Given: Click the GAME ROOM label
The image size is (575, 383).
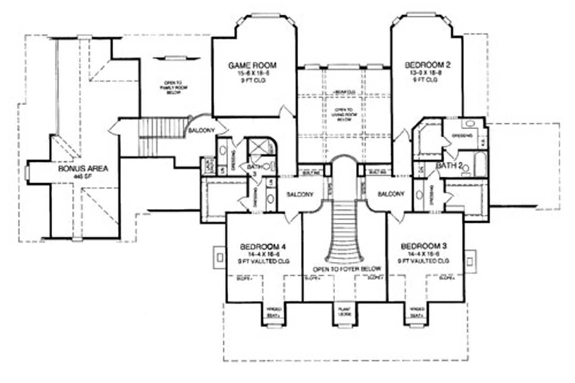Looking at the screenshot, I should point(252,66).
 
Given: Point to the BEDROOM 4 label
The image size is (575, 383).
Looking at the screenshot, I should point(263,247).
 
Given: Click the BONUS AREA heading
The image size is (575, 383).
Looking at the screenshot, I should point(83,169).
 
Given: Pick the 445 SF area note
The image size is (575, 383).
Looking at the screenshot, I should point(83,176).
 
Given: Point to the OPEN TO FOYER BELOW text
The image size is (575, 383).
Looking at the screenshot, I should point(347,269).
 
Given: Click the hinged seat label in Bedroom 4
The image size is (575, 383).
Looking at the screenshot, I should point(274,312).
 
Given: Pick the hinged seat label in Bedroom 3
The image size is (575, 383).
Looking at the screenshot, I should point(416,312).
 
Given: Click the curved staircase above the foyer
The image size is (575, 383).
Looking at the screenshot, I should point(345,233).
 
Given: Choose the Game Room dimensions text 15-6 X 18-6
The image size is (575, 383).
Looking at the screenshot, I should point(252,73).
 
